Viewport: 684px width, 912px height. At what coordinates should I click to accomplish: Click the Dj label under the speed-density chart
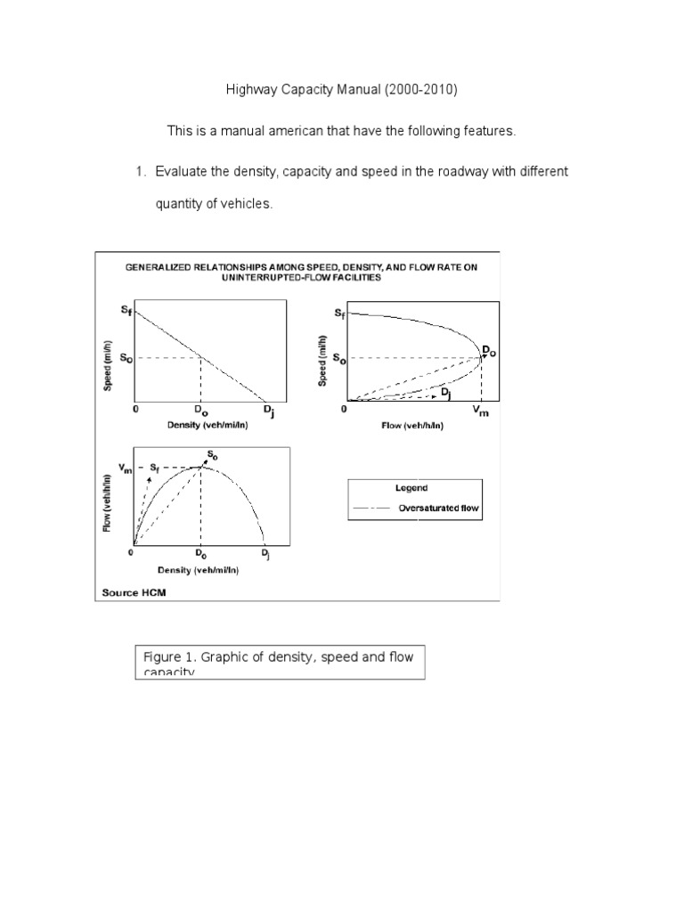pos(267,411)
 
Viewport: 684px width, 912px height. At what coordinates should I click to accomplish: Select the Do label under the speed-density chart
pos(200,411)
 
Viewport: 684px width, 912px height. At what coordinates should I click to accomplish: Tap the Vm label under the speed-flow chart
pos(481,411)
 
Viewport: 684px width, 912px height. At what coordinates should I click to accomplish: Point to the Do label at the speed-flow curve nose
pos(489,352)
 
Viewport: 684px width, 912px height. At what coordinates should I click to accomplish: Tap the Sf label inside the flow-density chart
pos(155,468)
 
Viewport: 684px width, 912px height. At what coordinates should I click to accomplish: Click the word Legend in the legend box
pos(411,488)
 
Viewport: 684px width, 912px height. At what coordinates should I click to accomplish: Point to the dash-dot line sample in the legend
pos(371,509)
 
